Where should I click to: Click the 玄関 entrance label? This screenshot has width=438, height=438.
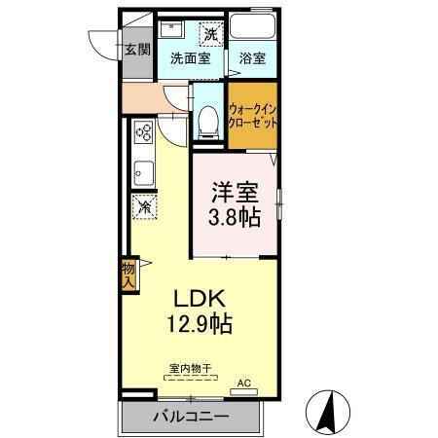pos(137,49)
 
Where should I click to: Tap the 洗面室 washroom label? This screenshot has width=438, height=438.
pos(190,57)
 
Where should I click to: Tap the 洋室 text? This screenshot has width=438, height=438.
pos(236,190)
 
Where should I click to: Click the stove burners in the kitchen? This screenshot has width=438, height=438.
pos(143,130)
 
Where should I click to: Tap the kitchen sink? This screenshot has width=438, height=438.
pos(142,172)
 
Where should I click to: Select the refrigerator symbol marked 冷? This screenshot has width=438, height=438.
pos(143,206)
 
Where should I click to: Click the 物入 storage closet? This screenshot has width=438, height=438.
pos(128,274)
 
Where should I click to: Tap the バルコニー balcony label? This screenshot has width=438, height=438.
pos(191,418)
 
